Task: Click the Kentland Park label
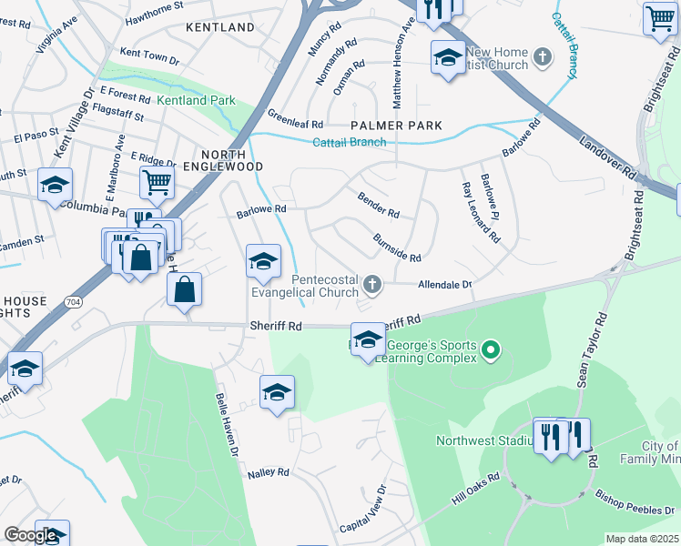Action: [196, 100]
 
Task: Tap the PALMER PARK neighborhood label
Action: [397, 126]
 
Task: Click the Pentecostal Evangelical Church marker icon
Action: [371, 286]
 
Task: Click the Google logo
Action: [31, 535]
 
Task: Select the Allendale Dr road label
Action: [444, 285]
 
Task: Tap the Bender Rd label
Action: [379, 205]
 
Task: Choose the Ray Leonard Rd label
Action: [481, 212]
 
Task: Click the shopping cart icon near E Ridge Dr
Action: [157, 182]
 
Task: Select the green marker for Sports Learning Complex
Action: [491, 349]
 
